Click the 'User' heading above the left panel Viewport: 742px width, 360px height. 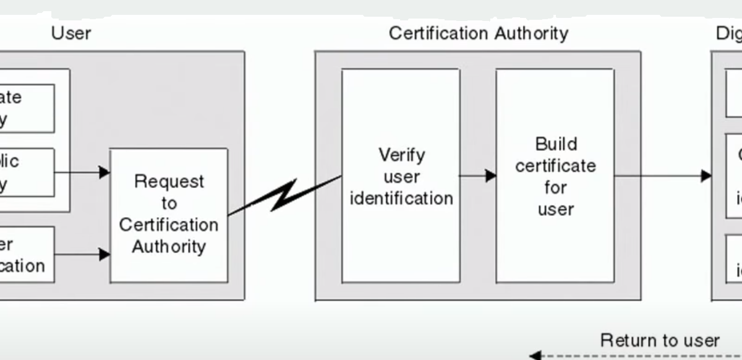click(x=72, y=33)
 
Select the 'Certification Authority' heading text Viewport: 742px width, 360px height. click(x=478, y=33)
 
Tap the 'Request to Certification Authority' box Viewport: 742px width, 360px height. click(x=169, y=215)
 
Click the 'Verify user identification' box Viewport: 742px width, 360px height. click(x=401, y=176)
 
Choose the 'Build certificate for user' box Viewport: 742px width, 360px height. click(x=555, y=176)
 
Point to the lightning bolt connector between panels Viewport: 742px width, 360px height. click(x=284, y=195)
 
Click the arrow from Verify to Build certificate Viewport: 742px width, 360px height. click(x=478, y=176)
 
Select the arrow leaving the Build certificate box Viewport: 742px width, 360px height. click(x=662, y=176)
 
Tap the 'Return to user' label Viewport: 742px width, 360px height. click(x=660, y=340)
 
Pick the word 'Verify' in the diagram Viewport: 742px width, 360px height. click(x=401, y=155)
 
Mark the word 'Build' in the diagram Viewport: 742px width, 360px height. click(x=556, y=144)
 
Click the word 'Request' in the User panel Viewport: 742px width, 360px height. click(x=169, y=182)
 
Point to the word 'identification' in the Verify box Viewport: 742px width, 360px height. click(x=401, y=199)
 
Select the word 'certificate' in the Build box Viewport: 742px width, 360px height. click(x=556, y=166)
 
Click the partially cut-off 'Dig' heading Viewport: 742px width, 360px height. click(x=728, y=33)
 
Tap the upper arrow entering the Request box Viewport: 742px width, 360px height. click(x=83, y=172)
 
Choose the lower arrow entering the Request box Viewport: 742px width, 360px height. click(x=83, y=254)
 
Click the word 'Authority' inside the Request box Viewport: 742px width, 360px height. click(x=169, y=247)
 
